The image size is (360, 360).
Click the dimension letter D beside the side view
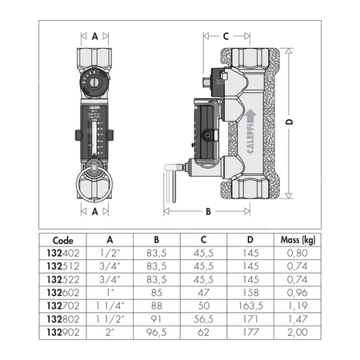pyautogui.click(x=289, y=122)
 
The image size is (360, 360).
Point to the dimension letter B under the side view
pyautogui.click(x=207, y=212)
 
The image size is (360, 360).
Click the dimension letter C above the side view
pyautogui.click(x=226, y=35)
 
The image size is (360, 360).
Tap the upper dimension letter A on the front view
pyautogui.click(x=95, y=35)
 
